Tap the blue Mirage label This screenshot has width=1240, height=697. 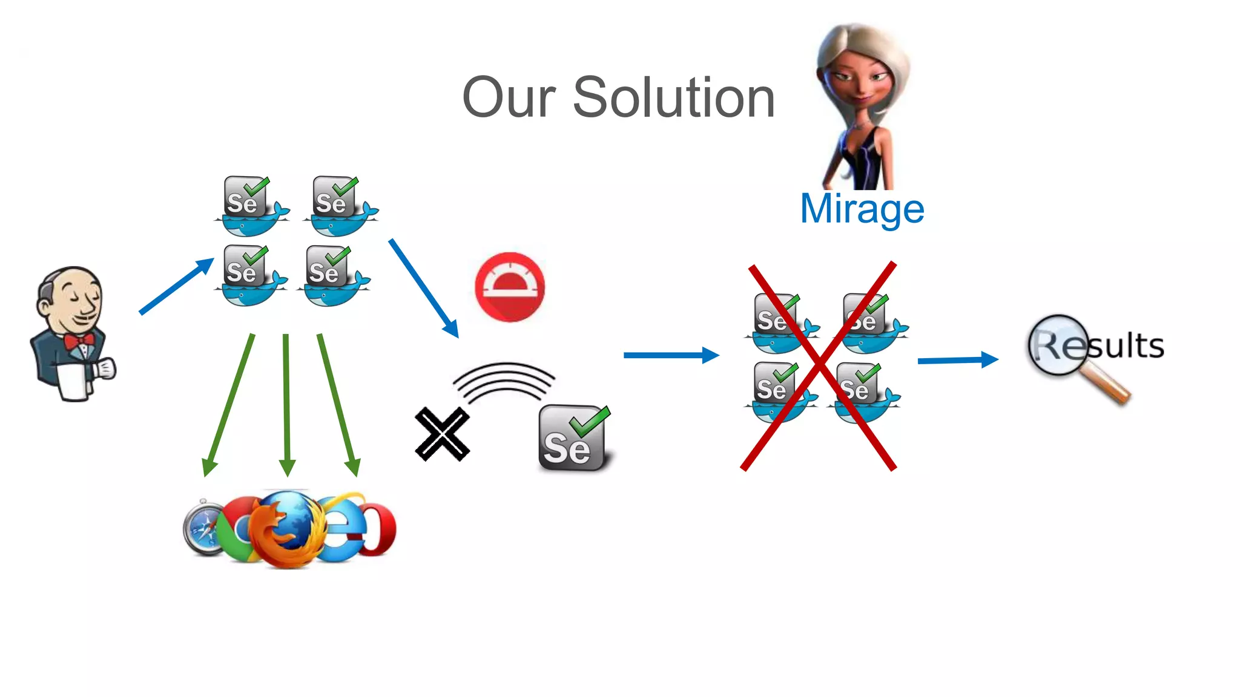click(862, 209)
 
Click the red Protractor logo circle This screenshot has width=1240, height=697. click(510, 287)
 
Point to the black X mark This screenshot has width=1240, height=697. click(442, 434)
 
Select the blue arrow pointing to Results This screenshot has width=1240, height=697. click(958, 360)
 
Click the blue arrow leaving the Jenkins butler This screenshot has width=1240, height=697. click(176, 286)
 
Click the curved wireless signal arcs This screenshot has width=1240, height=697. click(504, 381)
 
